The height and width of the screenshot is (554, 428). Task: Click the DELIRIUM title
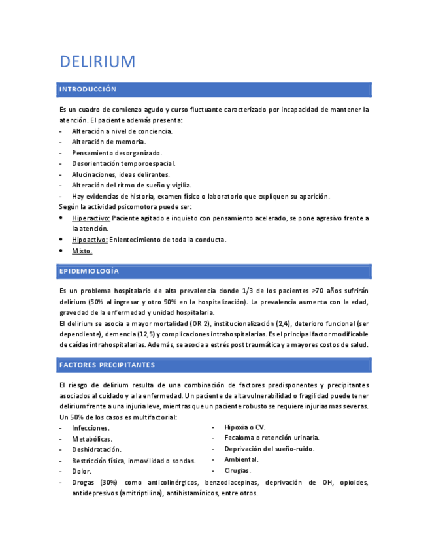[97, 62]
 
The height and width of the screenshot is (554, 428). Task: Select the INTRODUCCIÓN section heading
[88, 89]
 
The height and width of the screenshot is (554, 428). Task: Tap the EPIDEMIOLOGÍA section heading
[89, 270]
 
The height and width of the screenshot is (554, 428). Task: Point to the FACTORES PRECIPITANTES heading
[107, 364]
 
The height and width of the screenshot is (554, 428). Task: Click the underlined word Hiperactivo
[91, 218]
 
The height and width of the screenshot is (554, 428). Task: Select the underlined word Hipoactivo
[90, 240]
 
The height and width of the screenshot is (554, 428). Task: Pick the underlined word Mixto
[82, 250]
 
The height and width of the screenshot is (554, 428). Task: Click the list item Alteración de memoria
[109, 142]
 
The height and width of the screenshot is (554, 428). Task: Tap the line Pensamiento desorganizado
[117, 153]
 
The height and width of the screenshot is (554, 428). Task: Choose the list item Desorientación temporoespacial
[123, 163]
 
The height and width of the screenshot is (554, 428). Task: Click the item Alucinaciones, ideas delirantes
[121, 174]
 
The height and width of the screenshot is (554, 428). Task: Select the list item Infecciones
[91, 428]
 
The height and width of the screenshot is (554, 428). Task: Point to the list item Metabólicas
[91, 439]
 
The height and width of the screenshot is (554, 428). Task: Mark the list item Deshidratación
[97, 449]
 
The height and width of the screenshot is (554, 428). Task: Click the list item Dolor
[82, 471]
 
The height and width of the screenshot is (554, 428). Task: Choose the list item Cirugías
[237, 470]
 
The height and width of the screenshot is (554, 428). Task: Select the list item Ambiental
[240, 459]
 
